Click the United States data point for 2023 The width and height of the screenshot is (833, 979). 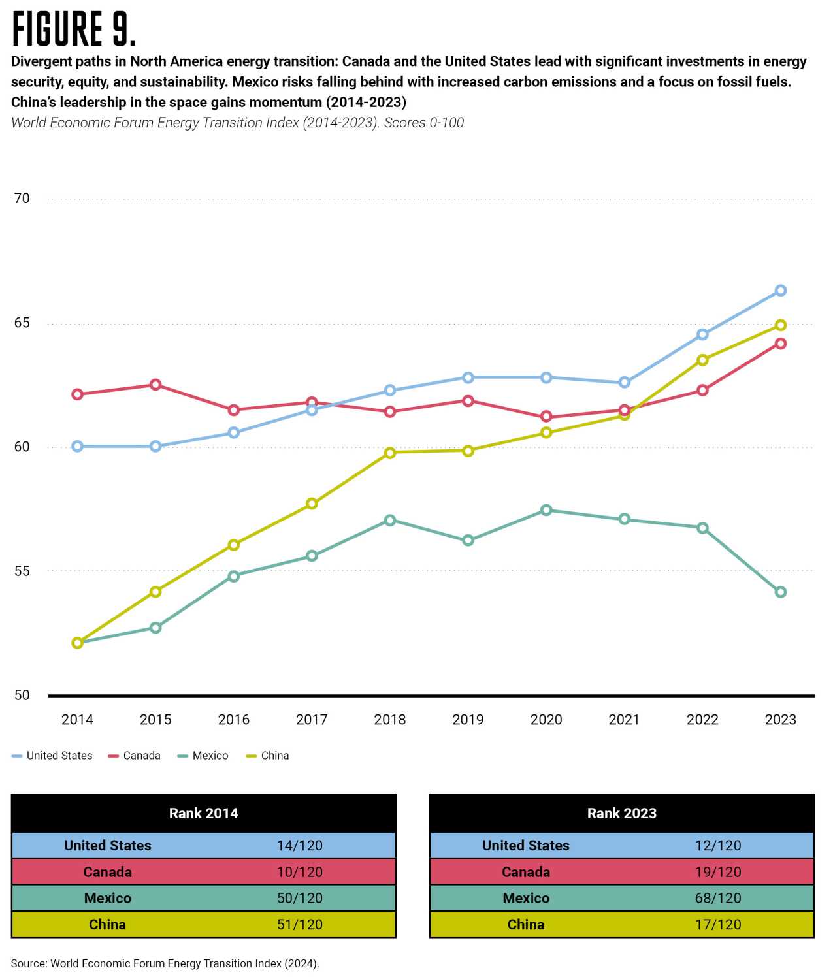(780, 291)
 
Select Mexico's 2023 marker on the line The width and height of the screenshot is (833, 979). (780, 592)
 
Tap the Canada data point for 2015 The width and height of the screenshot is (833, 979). (155, 385)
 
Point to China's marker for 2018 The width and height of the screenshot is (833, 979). (390, 453)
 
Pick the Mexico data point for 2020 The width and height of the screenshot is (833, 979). (546, 510)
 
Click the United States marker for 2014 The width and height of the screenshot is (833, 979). (77, 447)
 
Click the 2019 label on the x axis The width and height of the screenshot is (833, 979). (468, 720)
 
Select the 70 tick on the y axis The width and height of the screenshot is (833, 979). (22, 199)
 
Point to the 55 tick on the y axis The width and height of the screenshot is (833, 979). (22, 571)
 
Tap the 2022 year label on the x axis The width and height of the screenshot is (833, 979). (702, 720)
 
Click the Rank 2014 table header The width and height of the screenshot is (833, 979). (203, 813)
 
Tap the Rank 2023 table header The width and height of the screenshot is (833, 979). (621, 813)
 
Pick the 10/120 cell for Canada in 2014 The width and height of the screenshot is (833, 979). (299, 872)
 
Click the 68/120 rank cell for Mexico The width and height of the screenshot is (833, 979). (718, 898)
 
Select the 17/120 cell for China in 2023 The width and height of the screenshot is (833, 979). (718, 925)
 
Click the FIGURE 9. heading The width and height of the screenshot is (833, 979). (74, 29)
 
